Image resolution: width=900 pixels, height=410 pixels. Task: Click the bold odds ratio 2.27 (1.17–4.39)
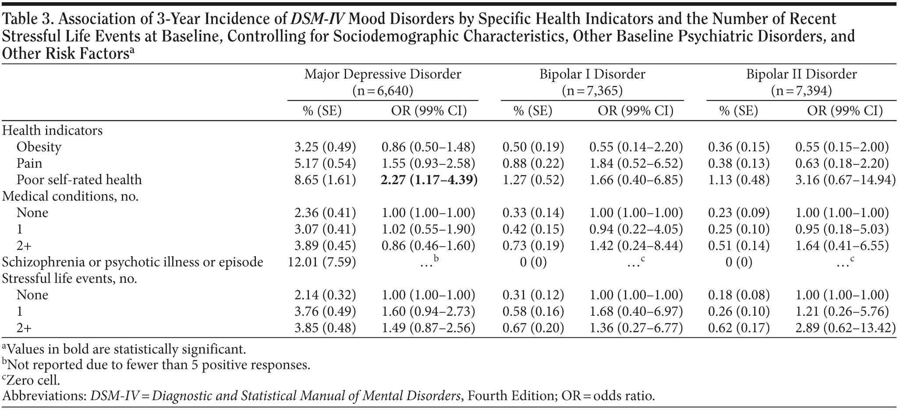429,180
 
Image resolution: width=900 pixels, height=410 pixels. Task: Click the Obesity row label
39,147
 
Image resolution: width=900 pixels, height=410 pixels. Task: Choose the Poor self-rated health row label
79,180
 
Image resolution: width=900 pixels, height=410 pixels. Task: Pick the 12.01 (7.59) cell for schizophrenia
322,262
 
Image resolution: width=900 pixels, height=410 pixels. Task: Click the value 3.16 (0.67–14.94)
845,180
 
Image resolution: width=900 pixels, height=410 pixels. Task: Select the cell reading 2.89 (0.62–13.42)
845,328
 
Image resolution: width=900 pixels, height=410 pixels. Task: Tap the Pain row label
29,164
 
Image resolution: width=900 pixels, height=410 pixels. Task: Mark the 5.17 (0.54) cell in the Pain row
325,164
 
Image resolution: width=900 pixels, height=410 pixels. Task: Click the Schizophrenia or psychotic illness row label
133,262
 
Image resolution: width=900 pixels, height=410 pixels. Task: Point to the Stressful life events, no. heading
70,278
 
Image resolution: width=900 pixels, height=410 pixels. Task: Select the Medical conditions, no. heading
71,196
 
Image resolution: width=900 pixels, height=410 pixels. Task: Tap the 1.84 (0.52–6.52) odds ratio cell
636,164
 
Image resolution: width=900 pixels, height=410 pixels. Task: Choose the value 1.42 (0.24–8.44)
636,246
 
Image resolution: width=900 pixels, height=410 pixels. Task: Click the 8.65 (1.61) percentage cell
325,180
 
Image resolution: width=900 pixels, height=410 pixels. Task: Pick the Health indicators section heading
53,131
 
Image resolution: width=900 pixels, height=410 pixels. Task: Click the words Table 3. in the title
26,19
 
